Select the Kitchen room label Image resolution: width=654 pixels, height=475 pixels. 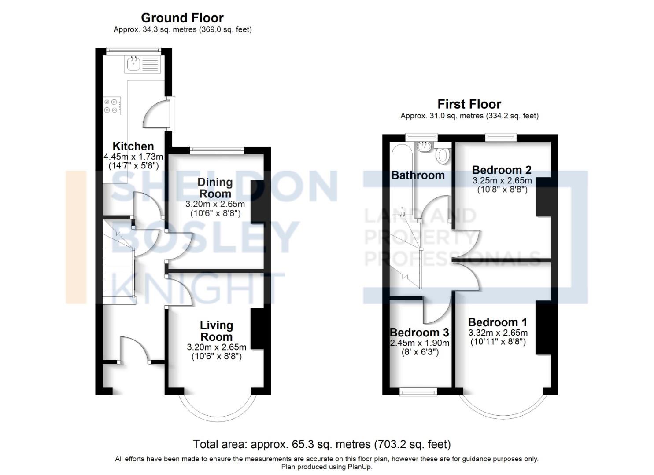133,146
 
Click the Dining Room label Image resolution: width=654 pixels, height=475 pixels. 215,188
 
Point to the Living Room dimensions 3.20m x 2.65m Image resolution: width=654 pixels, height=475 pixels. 216,347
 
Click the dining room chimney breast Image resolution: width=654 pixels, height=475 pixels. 257,202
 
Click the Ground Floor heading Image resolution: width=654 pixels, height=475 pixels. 182,18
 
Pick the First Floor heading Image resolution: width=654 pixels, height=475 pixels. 469,104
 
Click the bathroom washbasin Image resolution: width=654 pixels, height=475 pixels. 425,146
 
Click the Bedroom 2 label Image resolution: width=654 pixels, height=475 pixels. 502,170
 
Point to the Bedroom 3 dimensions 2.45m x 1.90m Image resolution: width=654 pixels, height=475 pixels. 420,343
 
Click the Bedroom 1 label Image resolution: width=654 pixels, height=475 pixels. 497,322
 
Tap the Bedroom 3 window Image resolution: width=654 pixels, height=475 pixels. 418,391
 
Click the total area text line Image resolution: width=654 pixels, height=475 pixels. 321,444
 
